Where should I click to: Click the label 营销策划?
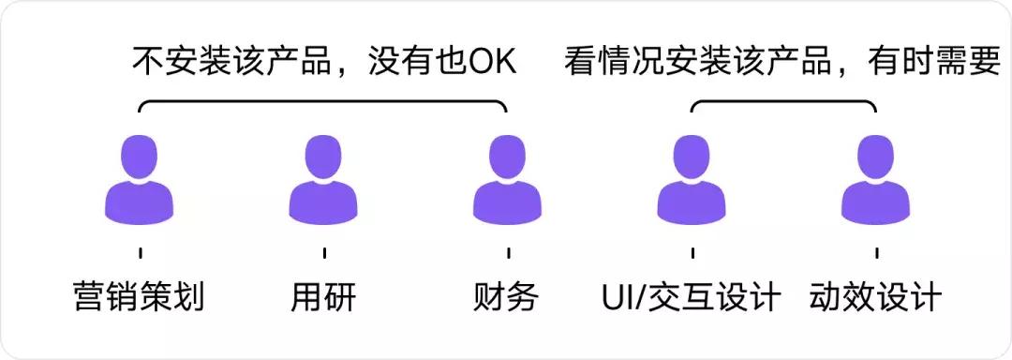(139, 297)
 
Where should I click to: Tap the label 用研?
(323, 297)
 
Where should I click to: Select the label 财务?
(507, 297)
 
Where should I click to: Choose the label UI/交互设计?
(691, 297)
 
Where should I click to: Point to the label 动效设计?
(875, 297)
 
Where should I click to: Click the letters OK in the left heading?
(493, 63)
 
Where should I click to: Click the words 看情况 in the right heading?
(611, 63)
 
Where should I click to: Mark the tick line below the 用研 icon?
(324, 253)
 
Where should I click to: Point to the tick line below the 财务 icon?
(508, 253)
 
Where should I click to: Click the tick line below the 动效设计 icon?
(876, 253)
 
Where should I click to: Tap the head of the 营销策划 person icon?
(140, 156)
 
